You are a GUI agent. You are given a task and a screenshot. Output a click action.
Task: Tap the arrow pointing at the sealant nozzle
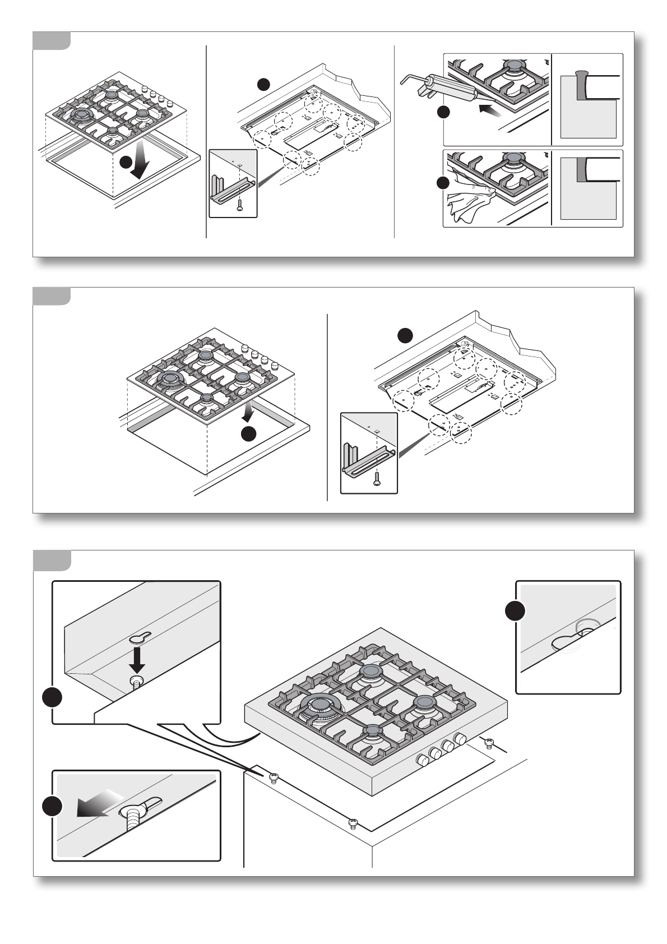490,110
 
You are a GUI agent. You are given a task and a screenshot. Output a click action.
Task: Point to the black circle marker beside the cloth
443,183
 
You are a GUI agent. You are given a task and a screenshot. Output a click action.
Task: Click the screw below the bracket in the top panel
240,206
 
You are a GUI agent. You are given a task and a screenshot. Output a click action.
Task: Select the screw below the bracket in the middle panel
377,478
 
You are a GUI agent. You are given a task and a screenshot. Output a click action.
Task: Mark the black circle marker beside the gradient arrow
52,806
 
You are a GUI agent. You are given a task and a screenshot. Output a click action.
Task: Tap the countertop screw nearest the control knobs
489,743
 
